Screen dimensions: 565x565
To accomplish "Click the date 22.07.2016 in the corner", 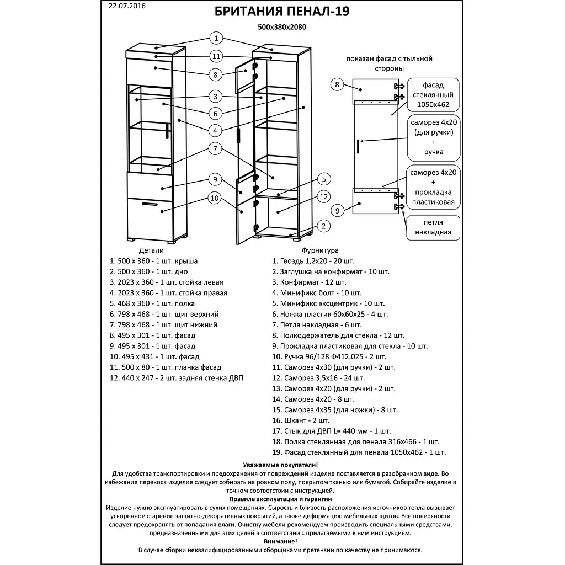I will pos(125,7).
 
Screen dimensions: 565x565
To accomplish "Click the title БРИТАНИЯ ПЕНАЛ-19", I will pos(282,12).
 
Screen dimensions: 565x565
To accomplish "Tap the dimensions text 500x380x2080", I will pos(282,26).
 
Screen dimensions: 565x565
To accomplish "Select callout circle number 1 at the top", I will pos(216,38).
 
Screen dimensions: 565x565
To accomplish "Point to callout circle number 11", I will pos(216,56).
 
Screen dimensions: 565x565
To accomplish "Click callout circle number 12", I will pos(324,197).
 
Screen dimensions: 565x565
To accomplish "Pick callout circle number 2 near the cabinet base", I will pos(324,226).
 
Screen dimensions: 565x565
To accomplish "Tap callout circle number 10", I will pos(215,199).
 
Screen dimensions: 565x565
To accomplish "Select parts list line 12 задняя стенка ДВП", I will pos(176,378).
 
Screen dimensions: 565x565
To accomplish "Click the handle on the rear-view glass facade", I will pos(359,146).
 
